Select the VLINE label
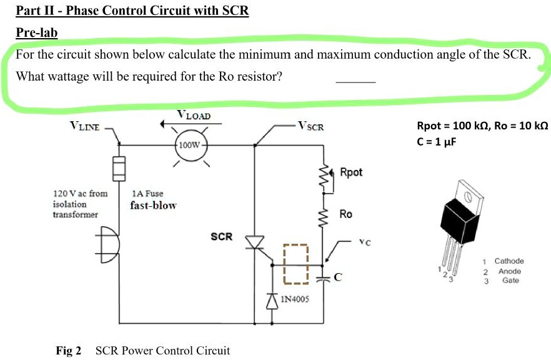(x=84, y=127)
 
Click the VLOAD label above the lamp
(x=194, y=115)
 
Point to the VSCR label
(x=310, y=127)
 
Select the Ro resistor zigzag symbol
(x=325, y=216)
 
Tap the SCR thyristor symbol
(x=255, y=242)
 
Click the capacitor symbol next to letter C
(x=324, y=278)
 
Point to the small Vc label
(x=364, y=242)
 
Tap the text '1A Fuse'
(x=148, y=194)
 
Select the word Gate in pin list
(x=510, y=281)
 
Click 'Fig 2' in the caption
(x=69, y=351)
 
